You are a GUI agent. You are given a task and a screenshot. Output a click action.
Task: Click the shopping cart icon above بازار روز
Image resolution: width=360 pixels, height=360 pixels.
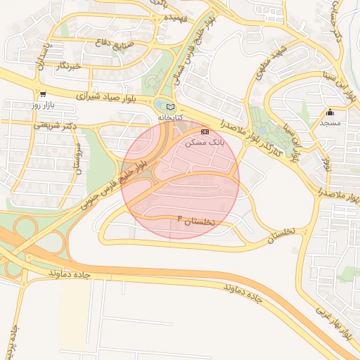click(x=43, y=94)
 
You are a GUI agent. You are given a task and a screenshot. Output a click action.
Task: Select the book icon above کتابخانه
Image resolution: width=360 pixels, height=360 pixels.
click(x=170, y=106)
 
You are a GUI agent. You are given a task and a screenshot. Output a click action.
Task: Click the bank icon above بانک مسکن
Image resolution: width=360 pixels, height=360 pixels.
click(x=205, y=131)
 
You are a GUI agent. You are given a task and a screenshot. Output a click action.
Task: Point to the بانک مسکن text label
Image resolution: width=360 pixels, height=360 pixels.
click(x=204, y=141)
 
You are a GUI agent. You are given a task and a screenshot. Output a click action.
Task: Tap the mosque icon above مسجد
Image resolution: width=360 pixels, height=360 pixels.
click(x=330, y=112)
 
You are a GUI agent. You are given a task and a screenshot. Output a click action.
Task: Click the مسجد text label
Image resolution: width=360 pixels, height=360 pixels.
click(x=330, y=122)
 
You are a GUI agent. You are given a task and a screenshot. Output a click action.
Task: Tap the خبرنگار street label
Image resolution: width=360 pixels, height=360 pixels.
click(x=70, y=65)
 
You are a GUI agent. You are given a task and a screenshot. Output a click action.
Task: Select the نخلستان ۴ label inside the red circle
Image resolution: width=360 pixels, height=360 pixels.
click(x=198, y=221)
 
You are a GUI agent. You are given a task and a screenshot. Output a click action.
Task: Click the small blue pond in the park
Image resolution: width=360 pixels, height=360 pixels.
click(x=262, y=130)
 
